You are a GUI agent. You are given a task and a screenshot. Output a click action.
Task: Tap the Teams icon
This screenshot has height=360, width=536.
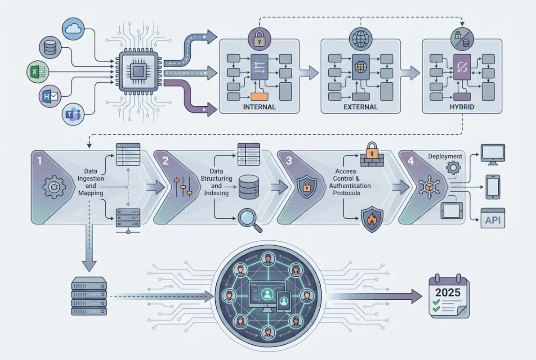pos(72,115)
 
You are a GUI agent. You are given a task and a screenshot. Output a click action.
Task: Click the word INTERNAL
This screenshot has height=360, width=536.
pos(259,108)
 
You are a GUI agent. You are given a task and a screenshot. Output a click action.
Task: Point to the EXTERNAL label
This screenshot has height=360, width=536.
pos(360,108)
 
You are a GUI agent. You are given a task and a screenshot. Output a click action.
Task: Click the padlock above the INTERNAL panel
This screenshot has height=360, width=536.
pos(259,40)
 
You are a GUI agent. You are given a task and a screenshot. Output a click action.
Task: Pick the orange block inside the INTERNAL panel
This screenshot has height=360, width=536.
pos(259,96)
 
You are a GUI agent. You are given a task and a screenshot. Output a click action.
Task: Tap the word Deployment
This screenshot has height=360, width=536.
pos(445,156)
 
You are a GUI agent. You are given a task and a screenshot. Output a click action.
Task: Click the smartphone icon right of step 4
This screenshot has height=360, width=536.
pos(493,187)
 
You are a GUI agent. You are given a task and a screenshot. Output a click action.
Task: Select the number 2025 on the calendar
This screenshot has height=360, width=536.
pos(447,292)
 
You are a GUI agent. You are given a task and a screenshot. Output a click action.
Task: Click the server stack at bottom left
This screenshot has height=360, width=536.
pos(89,296)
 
